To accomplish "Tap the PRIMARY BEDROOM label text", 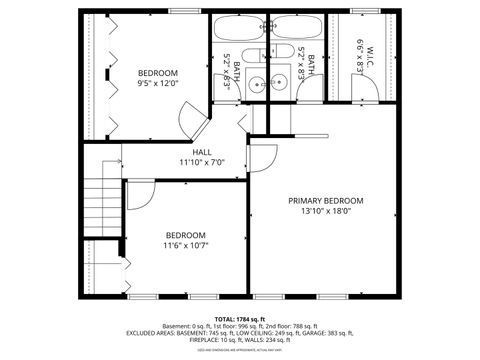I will click(326, 201).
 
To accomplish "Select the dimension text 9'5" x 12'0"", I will click(158, 84).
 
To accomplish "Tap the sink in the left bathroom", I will click(256, 84).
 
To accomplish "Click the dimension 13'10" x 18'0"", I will click(326, 212).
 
